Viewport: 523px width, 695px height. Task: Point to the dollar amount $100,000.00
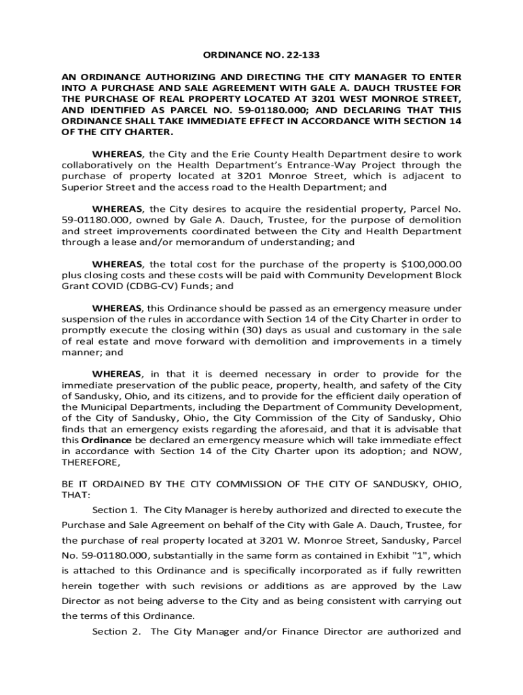click(x=431, y=264)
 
